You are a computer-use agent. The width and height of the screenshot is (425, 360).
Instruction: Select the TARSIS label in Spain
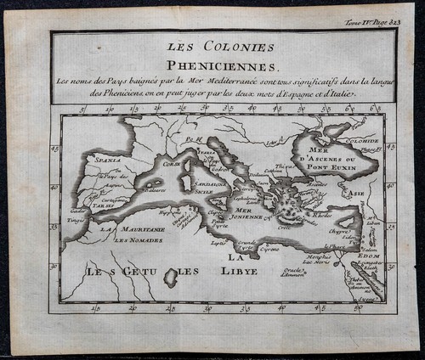click(x=105, y=205)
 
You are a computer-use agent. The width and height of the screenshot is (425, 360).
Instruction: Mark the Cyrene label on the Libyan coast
click(x=271, y=250)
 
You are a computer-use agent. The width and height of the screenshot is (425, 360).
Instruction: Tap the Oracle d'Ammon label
click(x=293, y=271)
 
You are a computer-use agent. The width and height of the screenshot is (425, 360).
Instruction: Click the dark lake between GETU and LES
click(x=171, y=277)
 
